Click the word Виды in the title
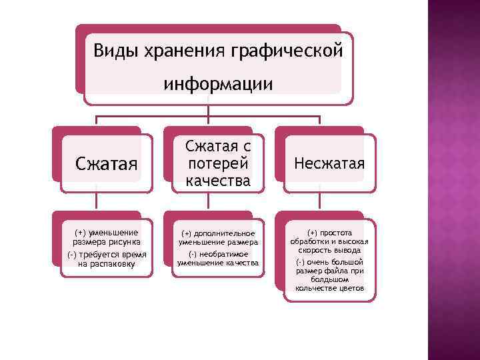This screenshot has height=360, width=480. coord(113,51)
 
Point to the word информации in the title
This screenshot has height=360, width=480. coord(218,85)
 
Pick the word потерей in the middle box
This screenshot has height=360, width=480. coord(218,163)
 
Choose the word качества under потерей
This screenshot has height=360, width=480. coord(218,180)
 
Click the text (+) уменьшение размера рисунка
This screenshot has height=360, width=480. coord(107,237)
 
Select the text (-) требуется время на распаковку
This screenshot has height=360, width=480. coord(107,259)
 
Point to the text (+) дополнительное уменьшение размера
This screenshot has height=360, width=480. coord(218,237)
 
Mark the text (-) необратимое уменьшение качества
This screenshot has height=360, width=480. coord(218,259)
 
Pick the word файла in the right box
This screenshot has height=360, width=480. coord(339,272)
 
